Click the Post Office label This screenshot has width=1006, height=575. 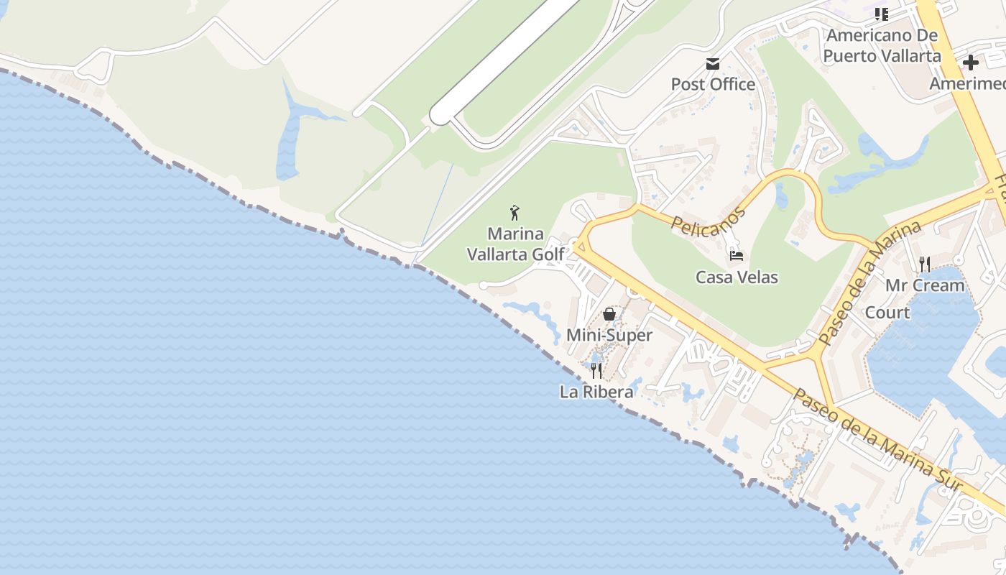coord(713,84)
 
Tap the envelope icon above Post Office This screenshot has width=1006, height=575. coord(713,64)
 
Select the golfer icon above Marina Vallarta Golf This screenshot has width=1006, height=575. coord(514,213)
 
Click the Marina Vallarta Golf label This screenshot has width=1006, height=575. coord(515,244)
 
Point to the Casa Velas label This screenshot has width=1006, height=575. coord(737,277)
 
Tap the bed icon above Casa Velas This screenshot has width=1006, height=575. coord(737,255)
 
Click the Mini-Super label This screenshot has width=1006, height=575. coord(609,335)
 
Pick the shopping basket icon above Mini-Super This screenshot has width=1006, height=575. coord(609,314)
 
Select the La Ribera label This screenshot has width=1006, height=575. coord(596,392)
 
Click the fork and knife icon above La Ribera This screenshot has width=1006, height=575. coord(596,371)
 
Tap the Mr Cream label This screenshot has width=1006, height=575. coord(925,285)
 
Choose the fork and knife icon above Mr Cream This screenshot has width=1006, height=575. coord(925,264)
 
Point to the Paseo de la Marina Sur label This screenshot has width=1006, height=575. coord(876,441)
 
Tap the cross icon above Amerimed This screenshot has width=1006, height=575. coord(971,63)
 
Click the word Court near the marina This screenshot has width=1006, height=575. coord(887,313)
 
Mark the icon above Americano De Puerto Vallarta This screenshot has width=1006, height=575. coord(882,14)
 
